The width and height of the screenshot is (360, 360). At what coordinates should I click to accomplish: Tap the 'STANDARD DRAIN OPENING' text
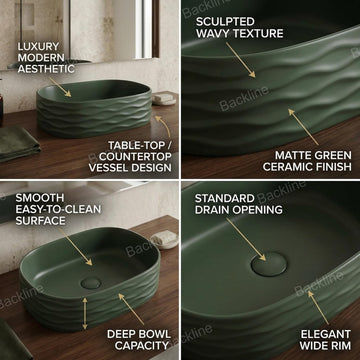click(x=224, y=211)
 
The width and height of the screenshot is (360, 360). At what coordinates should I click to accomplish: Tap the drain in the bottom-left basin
click(x=91, y=282)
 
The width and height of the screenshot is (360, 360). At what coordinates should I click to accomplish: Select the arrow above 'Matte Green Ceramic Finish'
click(x=295, y=123)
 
